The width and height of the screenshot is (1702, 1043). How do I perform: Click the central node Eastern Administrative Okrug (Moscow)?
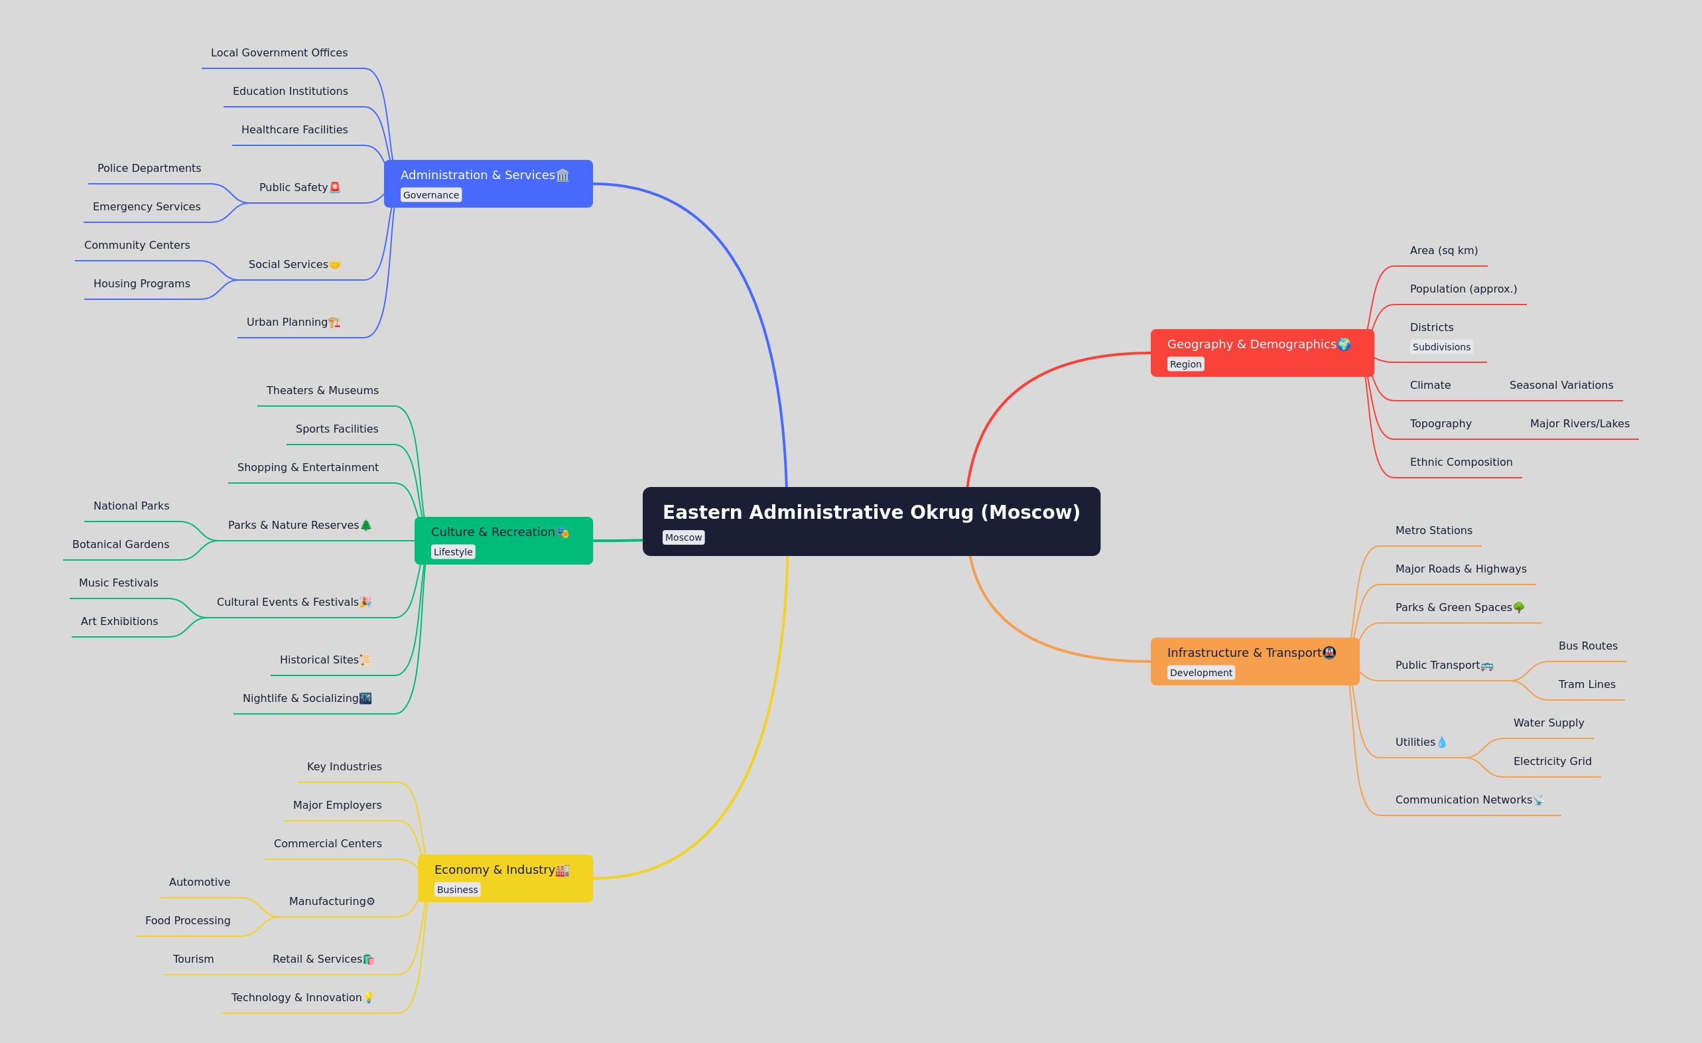pyautogui.click(x=871, y=521)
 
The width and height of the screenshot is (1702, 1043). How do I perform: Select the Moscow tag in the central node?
pyautogui.click(x=683, y=537)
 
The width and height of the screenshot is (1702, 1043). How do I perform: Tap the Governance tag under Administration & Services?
pyautogui.click(x=431, y=195)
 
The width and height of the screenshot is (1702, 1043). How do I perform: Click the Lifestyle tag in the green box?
pyautogui.click(x=453, y=552)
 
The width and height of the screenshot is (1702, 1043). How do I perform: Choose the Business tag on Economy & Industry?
pyautogui.click(x=457, y=890)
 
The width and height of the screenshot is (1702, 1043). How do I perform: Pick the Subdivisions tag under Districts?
pyautogui.click(x=1441, y=347)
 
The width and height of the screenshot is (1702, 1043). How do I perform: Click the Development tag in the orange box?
pyautogui.click(x=1201, y=673)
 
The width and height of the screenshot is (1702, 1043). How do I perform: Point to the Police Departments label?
pyautogui.click(x=149, y=168)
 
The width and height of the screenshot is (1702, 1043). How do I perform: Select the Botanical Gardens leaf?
pyautogui.click(x=121, y=544)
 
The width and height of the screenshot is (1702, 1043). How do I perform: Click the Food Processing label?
pyautogui.click(x=188, y=921)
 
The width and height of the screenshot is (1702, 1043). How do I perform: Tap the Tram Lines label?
pyautogui.click(x=1587, y=685)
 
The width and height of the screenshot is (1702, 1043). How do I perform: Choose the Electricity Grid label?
pyautogui.click(x=1552, y=761)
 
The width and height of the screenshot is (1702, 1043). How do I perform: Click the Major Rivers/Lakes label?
pyautogui.click(x=1580, y=423)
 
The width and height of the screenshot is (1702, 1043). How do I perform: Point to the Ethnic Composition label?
pyautogui.click(x=1461, y=462)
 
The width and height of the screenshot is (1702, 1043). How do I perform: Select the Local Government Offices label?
pyautogui.click(x=279, y=52)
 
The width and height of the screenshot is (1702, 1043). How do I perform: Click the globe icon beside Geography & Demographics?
pyautogui.click(x=1344, y=344)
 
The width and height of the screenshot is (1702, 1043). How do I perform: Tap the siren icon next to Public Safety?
pyautogui.click(x=335, y=187)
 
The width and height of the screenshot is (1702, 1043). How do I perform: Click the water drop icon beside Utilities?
pyautogui.click(x=1441, y=742)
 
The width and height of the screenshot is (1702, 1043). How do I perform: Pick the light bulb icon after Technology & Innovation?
pyautogui.click(x=368, y=997)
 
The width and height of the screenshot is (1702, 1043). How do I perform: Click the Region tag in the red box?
pyautogui.click(x=1185, y=364)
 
